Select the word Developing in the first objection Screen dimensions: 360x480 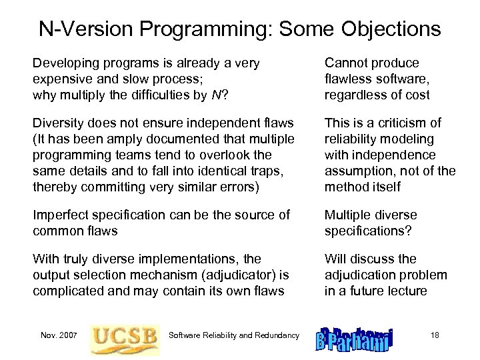coord(65,63)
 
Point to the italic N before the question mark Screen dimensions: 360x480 coord(215,95)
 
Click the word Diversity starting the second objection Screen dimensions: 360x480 coord(59,123)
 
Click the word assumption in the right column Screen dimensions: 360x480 coord(359,171)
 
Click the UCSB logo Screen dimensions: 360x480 coord(125,336)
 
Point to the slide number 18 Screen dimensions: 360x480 coord(434,335)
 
